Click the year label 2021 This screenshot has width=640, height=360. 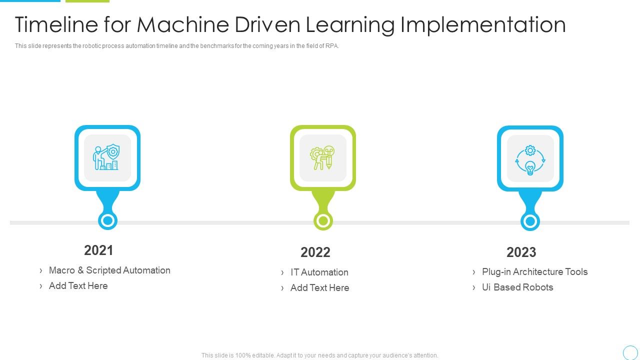[98, 250]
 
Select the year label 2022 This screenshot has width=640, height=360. [315, 252]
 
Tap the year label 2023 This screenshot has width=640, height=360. [521, 252]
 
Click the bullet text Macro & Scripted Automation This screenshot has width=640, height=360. [109, 270]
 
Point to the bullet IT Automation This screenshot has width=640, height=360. [319, 272]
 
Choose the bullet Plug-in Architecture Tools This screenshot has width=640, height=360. [534, 271]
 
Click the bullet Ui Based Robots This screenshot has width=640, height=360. [517, 287]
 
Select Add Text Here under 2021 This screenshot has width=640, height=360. [78, 285]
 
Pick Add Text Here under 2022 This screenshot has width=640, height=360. [319, 287]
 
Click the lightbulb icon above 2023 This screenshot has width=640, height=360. [530, 158]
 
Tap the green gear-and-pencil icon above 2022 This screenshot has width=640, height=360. [322, 158]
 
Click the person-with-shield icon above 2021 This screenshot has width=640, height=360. [107, 158]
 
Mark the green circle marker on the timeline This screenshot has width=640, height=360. [323, 220]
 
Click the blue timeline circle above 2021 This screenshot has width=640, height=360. [107, 220]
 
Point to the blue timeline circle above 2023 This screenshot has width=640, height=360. [530, 221]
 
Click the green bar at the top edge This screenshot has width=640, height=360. [87, 1]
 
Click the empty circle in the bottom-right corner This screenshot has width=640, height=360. [630, 352]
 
